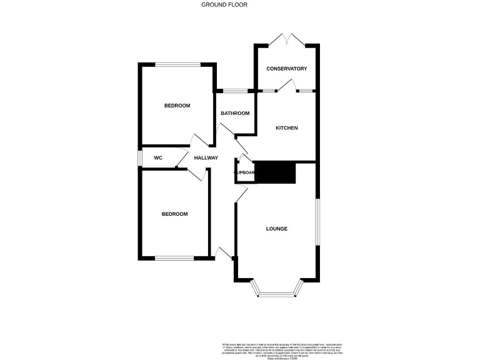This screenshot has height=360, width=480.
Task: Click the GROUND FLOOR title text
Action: click(x=224, y=4)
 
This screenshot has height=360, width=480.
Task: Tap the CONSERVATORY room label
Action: click(x=286, y=69)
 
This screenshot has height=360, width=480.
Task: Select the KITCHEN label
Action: click(x=287, y=128)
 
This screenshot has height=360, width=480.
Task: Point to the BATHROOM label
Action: click(x=236, y=113)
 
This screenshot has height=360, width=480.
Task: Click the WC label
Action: click(x=158, y=158)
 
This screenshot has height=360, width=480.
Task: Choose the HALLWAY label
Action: click(x=206, y=158)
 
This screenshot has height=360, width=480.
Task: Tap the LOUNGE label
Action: click(x=277, y=229)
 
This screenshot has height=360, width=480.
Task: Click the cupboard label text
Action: click(x=244, y=173)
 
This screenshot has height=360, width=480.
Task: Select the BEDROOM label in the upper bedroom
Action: click(x=177, y=106)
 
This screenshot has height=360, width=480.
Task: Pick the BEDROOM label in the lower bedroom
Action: click(x=174, y=214)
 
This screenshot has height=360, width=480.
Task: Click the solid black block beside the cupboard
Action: click(x=275, y=173)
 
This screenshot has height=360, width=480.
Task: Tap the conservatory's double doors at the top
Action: click(x=287, y=40)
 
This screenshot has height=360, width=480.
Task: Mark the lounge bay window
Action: click(x=276, y=292)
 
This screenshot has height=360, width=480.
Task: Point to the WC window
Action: click(x=140, y=157)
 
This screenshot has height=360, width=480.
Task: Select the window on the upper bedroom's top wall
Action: click(x=178, y=64)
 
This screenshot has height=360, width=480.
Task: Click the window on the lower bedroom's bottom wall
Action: click(x=174, y=258)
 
